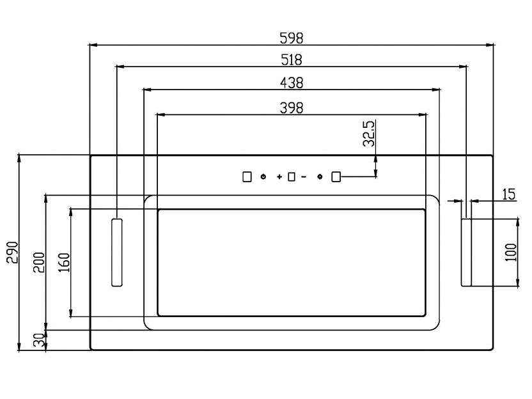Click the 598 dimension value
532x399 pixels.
292,38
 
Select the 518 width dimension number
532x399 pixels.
292,60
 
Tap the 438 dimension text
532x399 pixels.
292,82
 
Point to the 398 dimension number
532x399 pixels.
292,108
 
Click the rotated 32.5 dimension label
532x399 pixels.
369,134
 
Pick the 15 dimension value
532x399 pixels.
508,194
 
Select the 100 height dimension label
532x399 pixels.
511,252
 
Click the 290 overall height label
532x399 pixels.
13,253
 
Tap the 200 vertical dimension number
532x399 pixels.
38,262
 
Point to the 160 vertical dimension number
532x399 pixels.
64,262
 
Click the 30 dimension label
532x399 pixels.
39,340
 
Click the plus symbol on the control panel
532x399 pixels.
279,176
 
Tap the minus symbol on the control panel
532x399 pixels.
304,176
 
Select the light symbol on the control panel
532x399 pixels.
320,176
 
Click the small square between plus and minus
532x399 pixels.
292,176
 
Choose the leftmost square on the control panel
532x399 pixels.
247,176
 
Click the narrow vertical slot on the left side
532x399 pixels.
117,253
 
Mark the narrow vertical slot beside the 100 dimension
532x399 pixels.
466,253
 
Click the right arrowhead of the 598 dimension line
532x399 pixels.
490,45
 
